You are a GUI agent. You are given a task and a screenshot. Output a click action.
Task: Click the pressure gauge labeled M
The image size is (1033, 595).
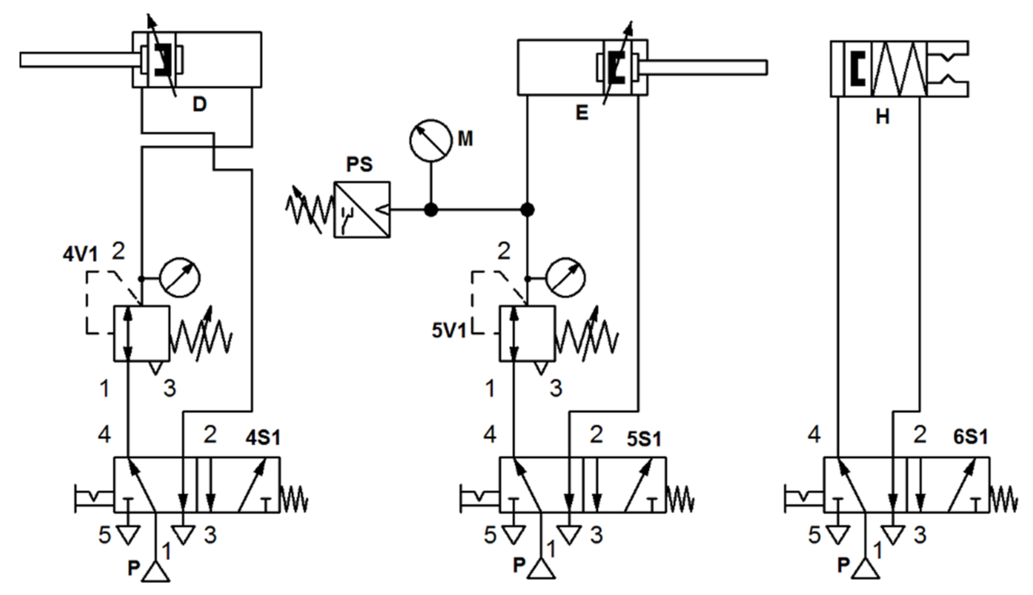(430, 140)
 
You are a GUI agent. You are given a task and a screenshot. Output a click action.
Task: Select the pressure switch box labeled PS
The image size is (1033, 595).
(362, 210)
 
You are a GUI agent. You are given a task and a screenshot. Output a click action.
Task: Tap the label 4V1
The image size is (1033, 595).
(80, 255)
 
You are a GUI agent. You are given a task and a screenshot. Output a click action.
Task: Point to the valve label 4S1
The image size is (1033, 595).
(263, 438)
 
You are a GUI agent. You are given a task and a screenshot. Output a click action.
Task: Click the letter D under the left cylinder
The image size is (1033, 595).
(199, 105)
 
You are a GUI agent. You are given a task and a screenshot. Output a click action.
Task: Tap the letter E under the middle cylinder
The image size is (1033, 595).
(581, 113)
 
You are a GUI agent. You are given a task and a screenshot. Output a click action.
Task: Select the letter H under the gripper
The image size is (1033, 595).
(882, 117)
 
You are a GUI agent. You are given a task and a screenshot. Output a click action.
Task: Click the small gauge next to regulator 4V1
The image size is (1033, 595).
(180, 278)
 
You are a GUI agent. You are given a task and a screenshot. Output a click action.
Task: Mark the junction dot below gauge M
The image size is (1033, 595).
(431, 210)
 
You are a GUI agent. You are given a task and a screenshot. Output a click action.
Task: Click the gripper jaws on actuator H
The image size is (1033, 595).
(948, 69)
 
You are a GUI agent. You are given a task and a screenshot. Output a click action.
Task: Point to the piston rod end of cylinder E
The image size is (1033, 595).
(760, 67)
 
